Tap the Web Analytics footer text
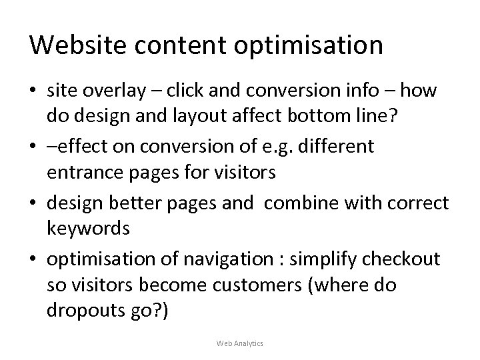240,343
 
